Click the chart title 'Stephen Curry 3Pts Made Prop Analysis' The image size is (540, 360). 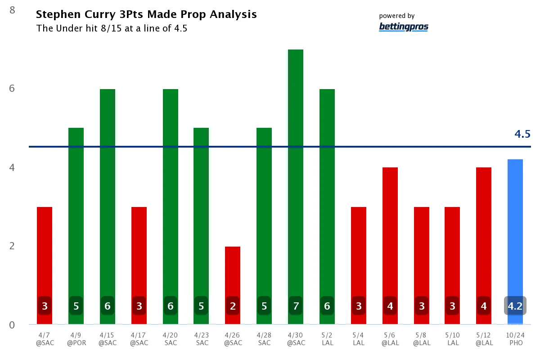(146, 14)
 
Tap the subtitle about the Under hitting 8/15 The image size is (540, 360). (112, 28)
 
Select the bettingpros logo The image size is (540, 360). (404, 27)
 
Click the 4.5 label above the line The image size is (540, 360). (522, 134)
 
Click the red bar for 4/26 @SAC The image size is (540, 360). (233, 274)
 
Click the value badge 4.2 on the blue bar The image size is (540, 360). (515, 306)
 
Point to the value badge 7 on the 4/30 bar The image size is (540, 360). (296, 306)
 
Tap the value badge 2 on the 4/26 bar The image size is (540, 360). (233, 306)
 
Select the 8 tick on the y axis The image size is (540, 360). (13, 9)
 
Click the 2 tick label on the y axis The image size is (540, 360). (13, 246)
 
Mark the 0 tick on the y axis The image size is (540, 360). (13, 325)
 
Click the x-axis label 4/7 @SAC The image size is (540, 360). (45, 338)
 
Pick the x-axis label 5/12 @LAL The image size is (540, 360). (484, 338)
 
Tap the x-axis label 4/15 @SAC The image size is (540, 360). (108, 338)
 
